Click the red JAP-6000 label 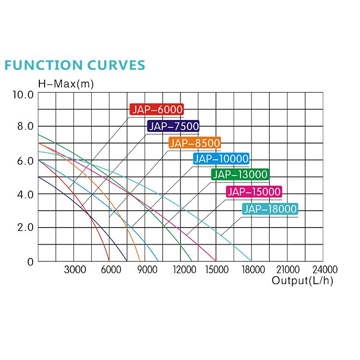tap(157, 109)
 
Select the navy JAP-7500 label tap(173, 126)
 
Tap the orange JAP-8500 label tap(194, 143)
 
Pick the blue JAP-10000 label tap(221, 159)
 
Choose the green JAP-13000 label tap(240, 175)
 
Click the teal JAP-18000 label tap(270, 209)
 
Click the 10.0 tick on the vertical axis tap(23, 94)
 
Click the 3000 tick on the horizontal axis tap(75, 270)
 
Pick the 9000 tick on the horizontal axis tap(147, 270)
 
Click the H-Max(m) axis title tap(66, 84)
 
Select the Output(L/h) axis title tap(302, 281)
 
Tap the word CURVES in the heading tap(116, 65)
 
